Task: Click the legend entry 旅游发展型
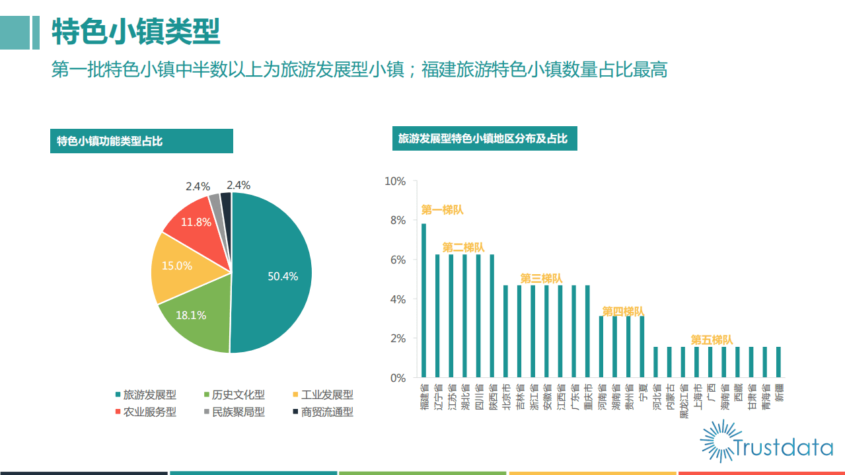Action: click(145, 395)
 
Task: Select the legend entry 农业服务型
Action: click(145, 412)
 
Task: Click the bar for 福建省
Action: click(423, 301)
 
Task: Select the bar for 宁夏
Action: click(642, 347)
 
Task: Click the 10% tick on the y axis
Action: click(395, 182)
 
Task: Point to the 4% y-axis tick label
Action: click(397, 299)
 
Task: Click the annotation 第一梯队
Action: click(442, 210)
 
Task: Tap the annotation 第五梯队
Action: click(712, 340)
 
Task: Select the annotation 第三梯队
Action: click(541, 279)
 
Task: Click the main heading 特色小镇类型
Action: click(135, 31)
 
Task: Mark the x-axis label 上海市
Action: click(697, 397)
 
